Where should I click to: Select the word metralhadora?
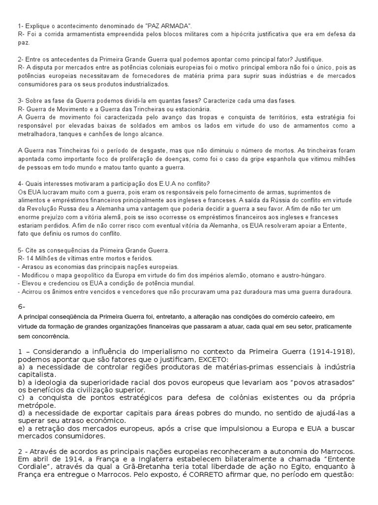[36, 134]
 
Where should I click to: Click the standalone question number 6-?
[22, 306]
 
